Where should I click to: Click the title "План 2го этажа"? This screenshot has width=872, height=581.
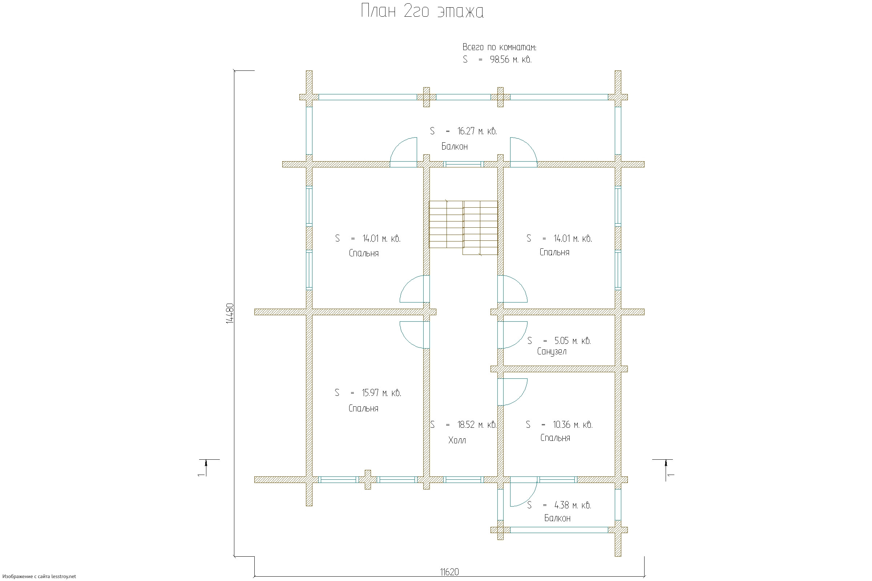pos(422,12)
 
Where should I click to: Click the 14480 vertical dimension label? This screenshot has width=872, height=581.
pos(230,313)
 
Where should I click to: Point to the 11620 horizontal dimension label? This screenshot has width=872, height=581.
pos(449,572)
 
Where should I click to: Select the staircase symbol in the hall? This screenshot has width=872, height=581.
pos(463,227)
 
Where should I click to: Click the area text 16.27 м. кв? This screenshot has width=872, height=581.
pos(477,131)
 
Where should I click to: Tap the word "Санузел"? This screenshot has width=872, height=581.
pos(552,352)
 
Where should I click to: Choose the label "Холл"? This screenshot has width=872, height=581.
pos(457,440)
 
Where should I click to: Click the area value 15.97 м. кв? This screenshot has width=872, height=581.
pos(381,393)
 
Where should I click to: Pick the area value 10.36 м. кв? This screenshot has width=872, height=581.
pos(573,424)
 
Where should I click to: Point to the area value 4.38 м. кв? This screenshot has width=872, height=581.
pos(573,505)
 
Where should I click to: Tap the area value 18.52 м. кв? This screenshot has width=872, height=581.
pos(476,424)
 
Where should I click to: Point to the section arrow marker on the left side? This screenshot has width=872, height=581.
pos(206,468)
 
